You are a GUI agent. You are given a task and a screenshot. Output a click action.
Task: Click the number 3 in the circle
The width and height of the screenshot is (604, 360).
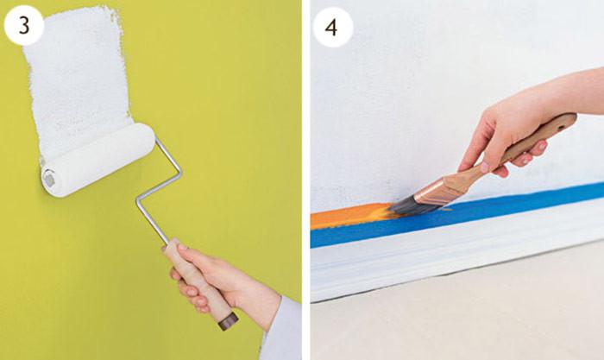coord(24,26)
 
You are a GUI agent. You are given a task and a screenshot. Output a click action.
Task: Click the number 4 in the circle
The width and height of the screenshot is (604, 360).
coord(331,27)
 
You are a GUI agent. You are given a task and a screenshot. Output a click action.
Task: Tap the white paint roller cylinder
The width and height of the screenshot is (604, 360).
coord(98,160)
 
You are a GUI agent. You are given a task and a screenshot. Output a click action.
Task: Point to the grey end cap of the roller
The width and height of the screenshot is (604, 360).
coord(49,179)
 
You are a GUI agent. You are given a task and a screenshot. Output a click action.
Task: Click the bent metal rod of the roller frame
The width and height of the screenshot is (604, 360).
coord(159,189)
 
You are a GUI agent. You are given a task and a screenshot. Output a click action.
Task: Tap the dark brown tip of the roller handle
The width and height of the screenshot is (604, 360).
coord(229,321)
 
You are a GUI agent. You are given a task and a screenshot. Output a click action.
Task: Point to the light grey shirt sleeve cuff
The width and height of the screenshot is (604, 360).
coord(281,327)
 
